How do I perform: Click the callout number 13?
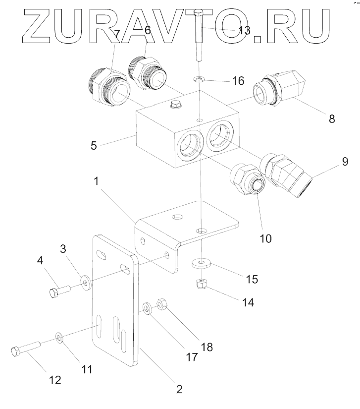pos(244,30)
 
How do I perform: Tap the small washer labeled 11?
pos(59,338)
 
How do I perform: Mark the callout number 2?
pos(180,389)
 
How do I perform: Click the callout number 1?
pos(98,181)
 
